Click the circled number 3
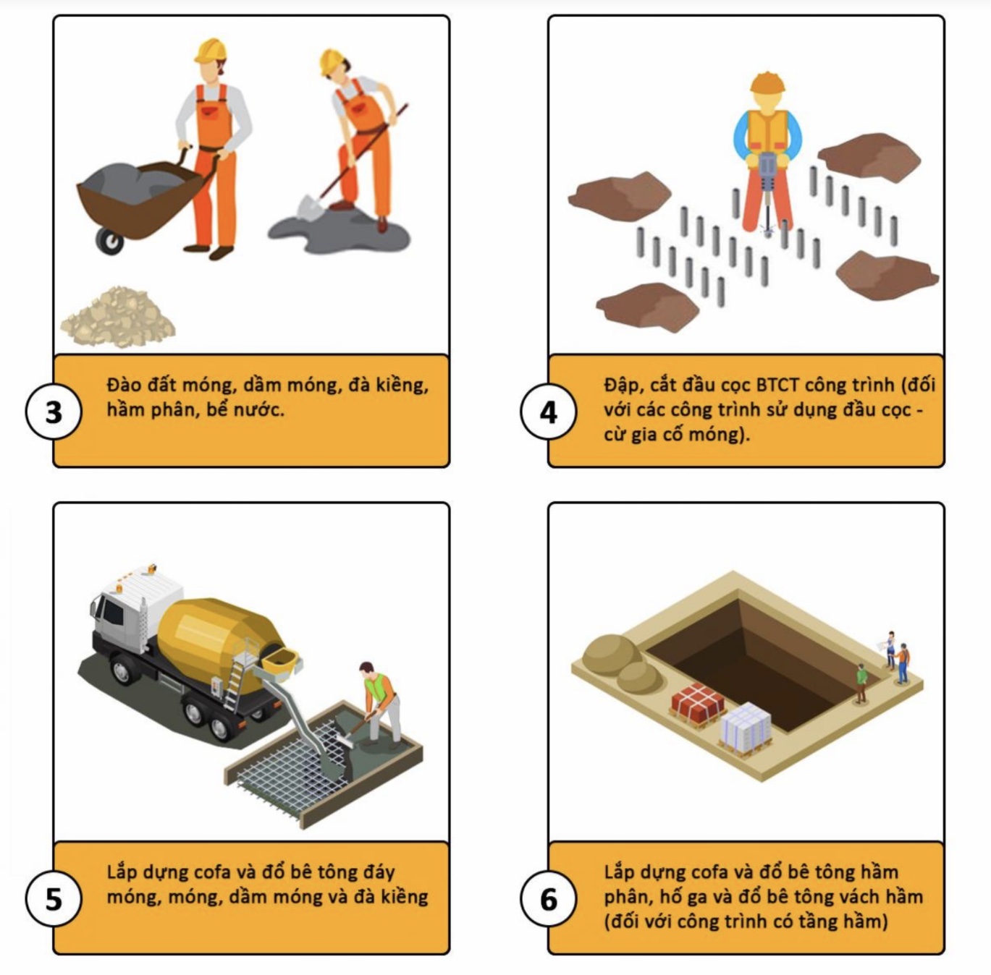coord(54,412)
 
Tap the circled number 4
coord(549,412)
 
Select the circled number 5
coord(54,900)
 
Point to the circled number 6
coord(549,900)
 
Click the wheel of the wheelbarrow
coord(110,242)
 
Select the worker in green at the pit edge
coord(861,683)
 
